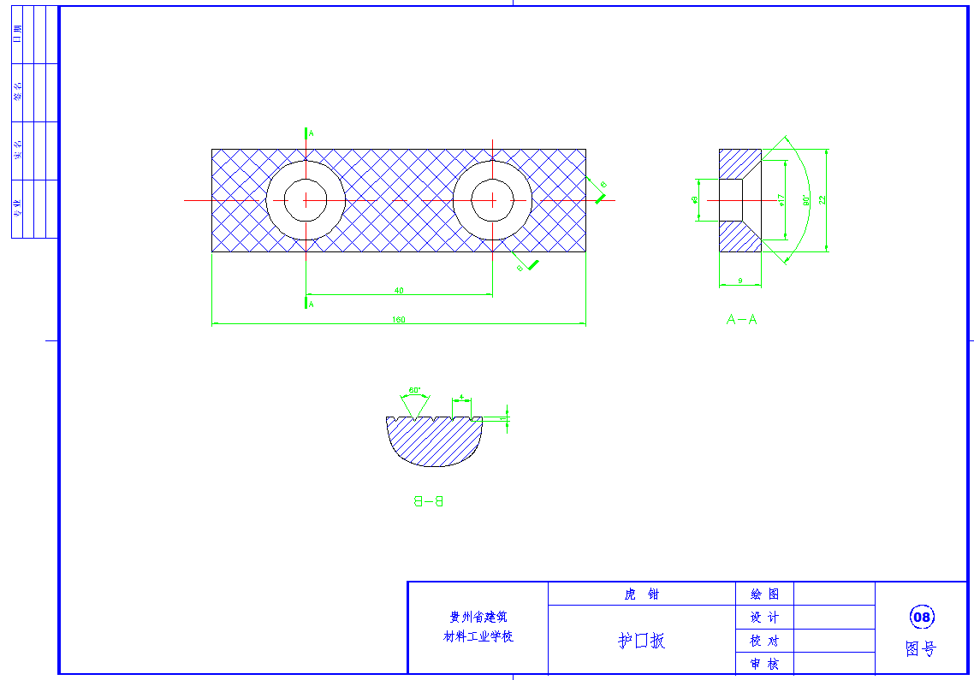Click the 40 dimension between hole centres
399,291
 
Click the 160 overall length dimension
399,320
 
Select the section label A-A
741,320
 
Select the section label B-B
429,501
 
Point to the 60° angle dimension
414,390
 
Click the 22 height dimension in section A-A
823,199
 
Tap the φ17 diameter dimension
781,199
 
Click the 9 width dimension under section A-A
739,281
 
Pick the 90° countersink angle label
806,199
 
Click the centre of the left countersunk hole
306,200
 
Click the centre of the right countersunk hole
492,200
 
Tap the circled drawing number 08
922,617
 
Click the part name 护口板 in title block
642,641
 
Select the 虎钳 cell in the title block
642,594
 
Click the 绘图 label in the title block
764,594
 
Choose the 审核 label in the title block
764,664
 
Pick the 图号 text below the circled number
921,649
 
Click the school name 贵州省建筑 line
478,617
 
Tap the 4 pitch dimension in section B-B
462,397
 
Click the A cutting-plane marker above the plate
311,133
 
